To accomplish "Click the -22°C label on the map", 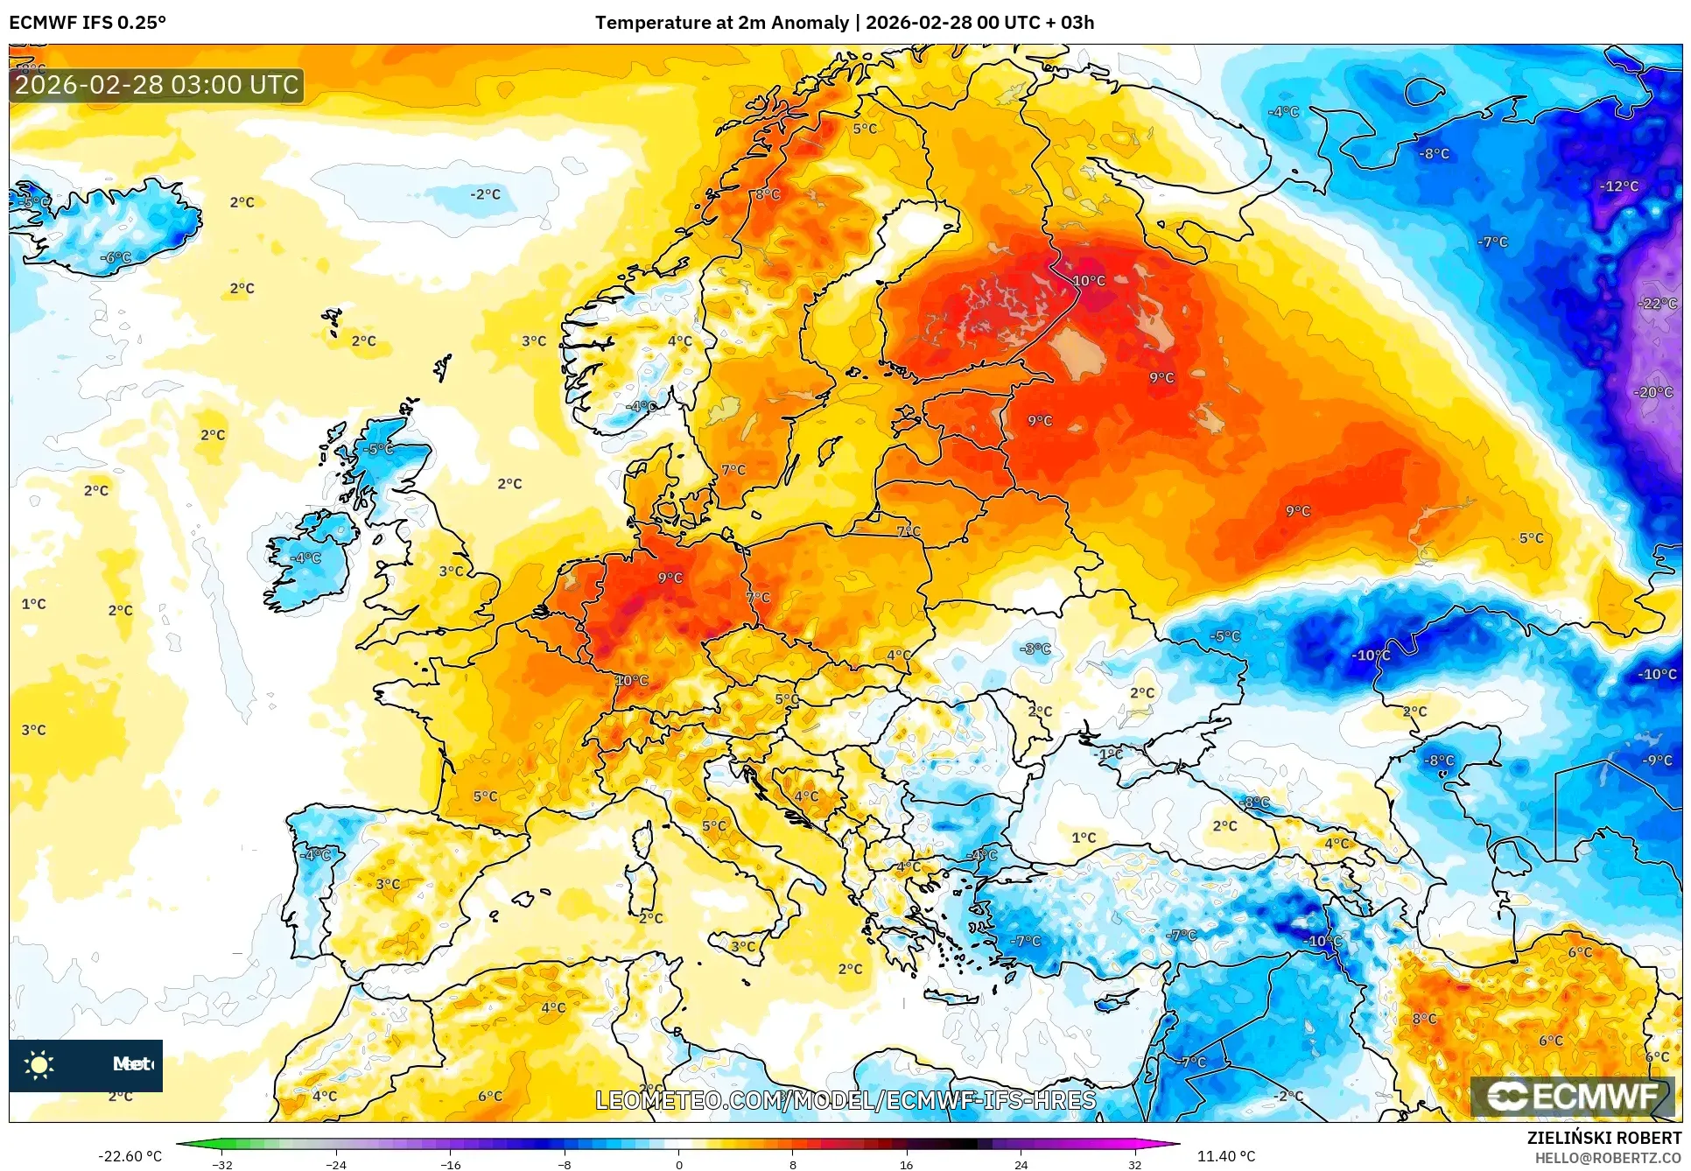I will tap(1658, 304).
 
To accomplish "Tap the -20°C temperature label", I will tap(1653, 392).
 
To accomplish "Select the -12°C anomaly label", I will tap(1619, 186).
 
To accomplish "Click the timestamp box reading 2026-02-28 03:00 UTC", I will tap(157, 85).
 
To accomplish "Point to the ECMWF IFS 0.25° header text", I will tap(88, 23).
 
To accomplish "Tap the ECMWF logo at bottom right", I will tap(1572, 1097).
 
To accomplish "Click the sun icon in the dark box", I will tap(39, 1064).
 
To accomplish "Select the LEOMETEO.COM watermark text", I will tap(845, 1100).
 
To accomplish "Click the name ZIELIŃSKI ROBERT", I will tap(1603, 1138).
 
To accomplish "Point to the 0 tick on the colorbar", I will tap(678, 1165).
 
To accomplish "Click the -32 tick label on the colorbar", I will tap(222, 1165).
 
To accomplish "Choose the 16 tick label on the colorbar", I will tap(906, 1165).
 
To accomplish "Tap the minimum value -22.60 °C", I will tap(130, 1156).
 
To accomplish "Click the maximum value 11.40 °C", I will tap(1225, 1156).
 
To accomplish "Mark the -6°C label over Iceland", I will tap(115, 257).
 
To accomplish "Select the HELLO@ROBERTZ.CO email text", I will tap(1608, 1158).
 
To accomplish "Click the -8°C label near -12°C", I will tap(1435, 153).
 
